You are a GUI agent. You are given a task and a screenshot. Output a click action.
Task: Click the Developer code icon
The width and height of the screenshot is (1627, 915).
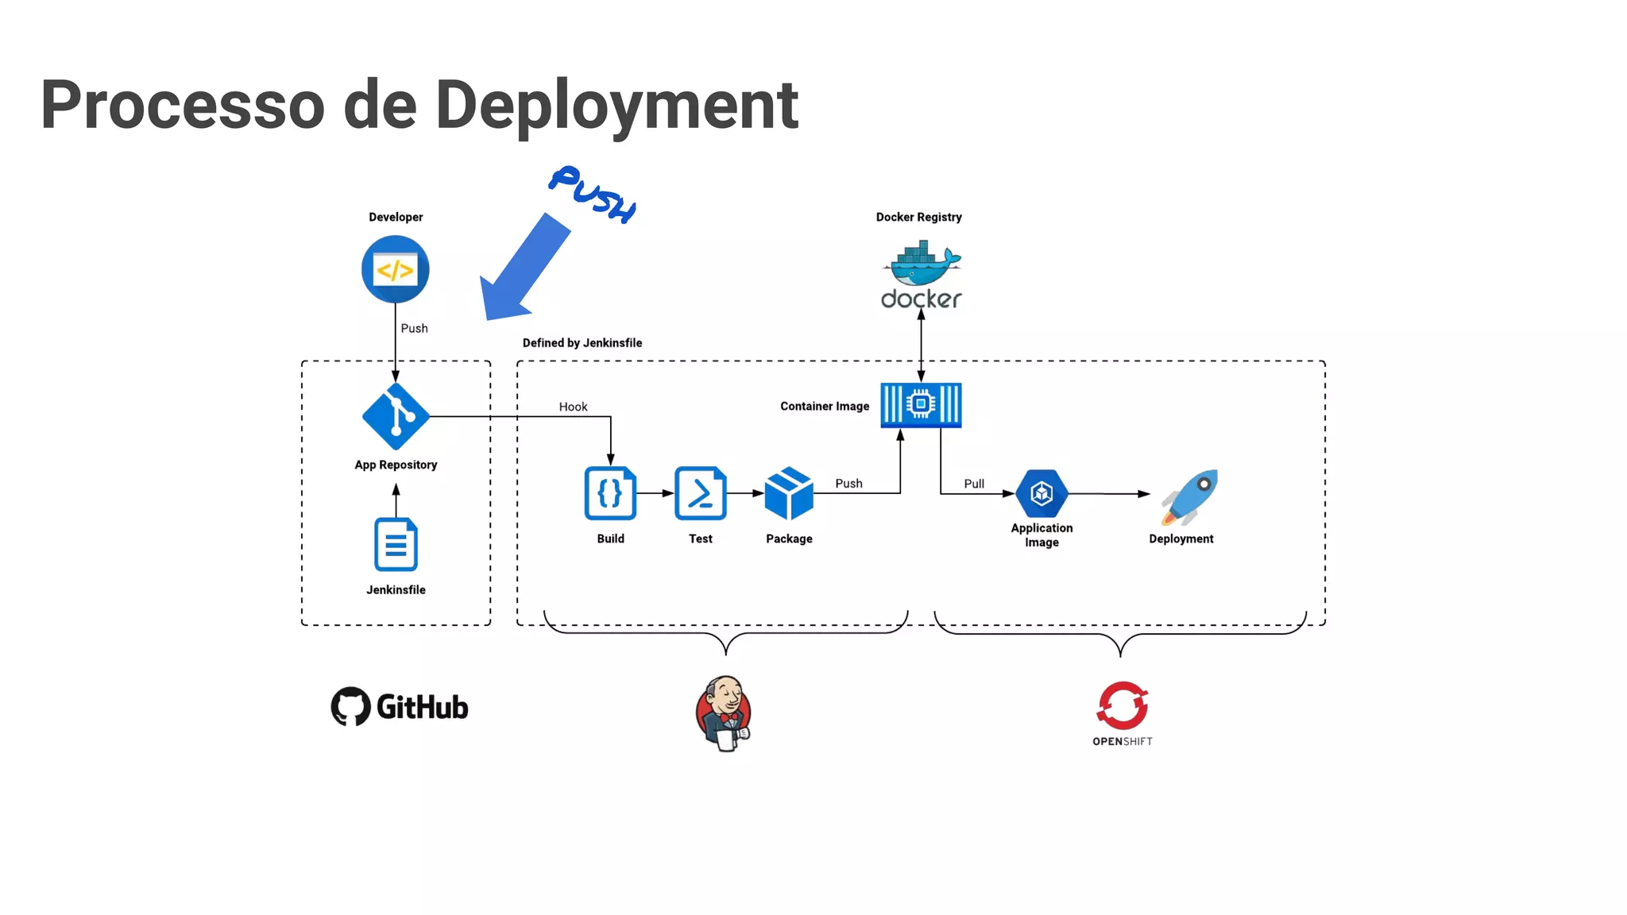click(395, 269)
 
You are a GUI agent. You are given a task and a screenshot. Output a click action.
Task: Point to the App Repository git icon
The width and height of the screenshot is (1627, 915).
click(396, 416)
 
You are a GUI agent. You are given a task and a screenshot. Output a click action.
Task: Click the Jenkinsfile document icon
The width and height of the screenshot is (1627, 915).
click(396, 545)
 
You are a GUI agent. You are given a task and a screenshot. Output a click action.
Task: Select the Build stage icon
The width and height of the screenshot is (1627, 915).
click(610, 493)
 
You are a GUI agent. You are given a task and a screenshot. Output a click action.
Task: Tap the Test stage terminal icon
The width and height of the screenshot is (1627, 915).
click(700, 493)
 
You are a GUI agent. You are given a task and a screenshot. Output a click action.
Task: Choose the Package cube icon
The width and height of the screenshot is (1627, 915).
click(789, 493)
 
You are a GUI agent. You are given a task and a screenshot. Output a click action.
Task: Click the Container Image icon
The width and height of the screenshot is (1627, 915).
click(921, 405)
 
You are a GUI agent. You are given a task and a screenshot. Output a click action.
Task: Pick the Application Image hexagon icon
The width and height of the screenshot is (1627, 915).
click(1042, 493)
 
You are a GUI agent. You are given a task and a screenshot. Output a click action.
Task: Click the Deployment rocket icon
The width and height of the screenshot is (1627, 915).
click(1190, 496)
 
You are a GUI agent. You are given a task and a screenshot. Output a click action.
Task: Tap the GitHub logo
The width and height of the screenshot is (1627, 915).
click(400, 706)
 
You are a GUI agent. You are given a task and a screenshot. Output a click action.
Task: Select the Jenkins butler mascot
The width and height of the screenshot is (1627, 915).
click(724, 713)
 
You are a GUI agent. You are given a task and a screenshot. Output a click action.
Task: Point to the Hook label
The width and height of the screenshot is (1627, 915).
click(573, 407)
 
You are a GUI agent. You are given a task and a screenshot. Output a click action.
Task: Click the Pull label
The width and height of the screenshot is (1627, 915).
click(974, 484)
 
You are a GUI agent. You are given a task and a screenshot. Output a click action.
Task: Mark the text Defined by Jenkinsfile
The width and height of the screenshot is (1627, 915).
click(582, 343)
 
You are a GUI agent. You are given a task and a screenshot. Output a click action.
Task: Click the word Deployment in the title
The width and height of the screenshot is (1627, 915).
click(616, 105)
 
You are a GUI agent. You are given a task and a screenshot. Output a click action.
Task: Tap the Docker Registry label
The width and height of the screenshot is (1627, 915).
click(918, 217)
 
